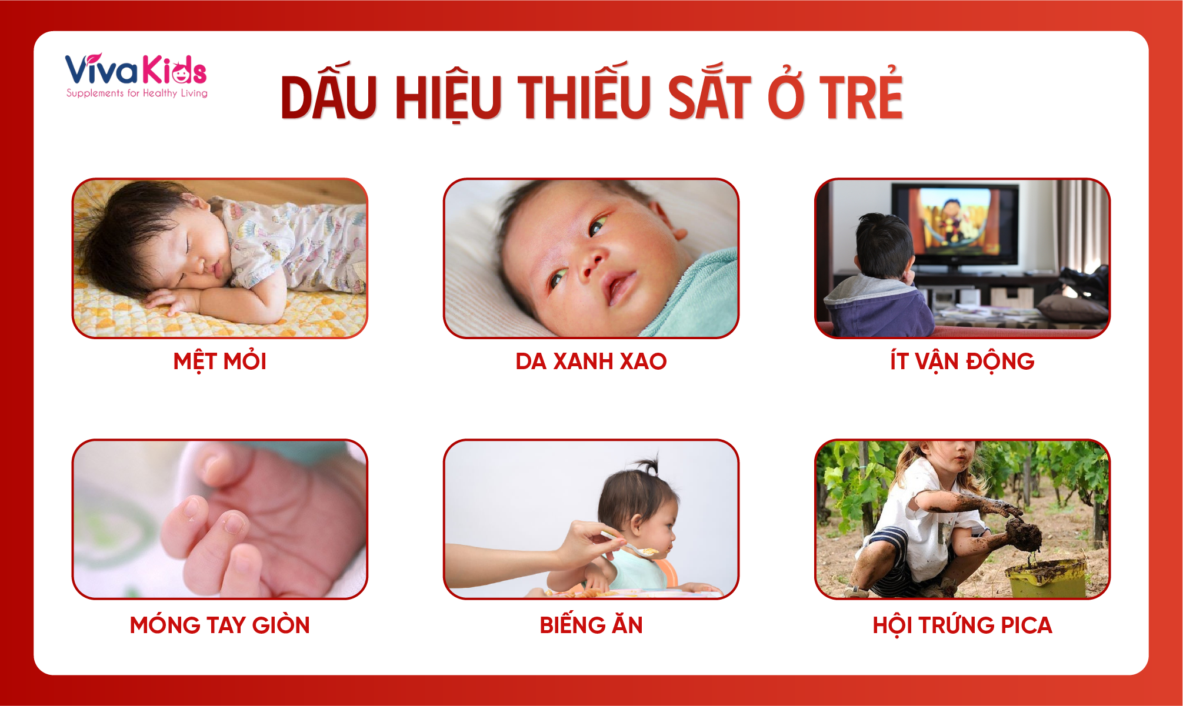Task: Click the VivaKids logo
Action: pos(136,75)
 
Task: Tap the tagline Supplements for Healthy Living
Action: pos(136,93)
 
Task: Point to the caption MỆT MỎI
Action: pos(220,361)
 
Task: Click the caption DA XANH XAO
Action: pos(591,362)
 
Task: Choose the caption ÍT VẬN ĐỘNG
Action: pos(962,361)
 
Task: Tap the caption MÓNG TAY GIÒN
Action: pos(220,625)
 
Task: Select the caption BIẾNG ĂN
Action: pos(591,624)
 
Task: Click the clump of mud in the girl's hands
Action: pos(1024,532)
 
